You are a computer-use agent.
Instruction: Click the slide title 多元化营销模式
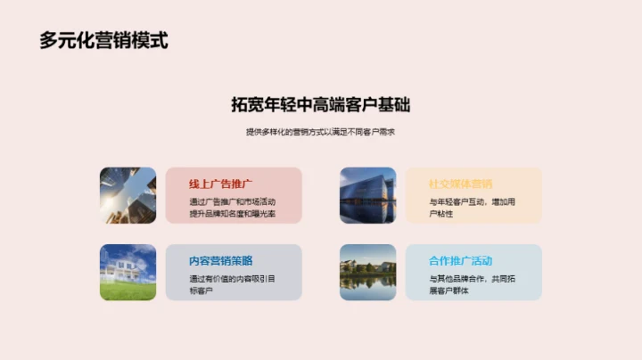[x=103, y=40]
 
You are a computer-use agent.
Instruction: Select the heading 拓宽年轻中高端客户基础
[x=320, y=104]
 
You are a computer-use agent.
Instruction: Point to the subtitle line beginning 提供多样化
[x=320, y=132]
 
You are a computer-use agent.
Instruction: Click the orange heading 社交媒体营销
[x=460, y=184]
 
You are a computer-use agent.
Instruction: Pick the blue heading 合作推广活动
[x=460, y=261]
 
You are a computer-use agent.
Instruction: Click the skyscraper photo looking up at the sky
[x=128, y=194]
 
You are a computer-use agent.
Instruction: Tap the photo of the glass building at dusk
[x=367, y=194]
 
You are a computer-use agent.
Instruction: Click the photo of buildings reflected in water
[x=367, y=272]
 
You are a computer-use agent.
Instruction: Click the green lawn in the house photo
[x=128, y=290]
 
